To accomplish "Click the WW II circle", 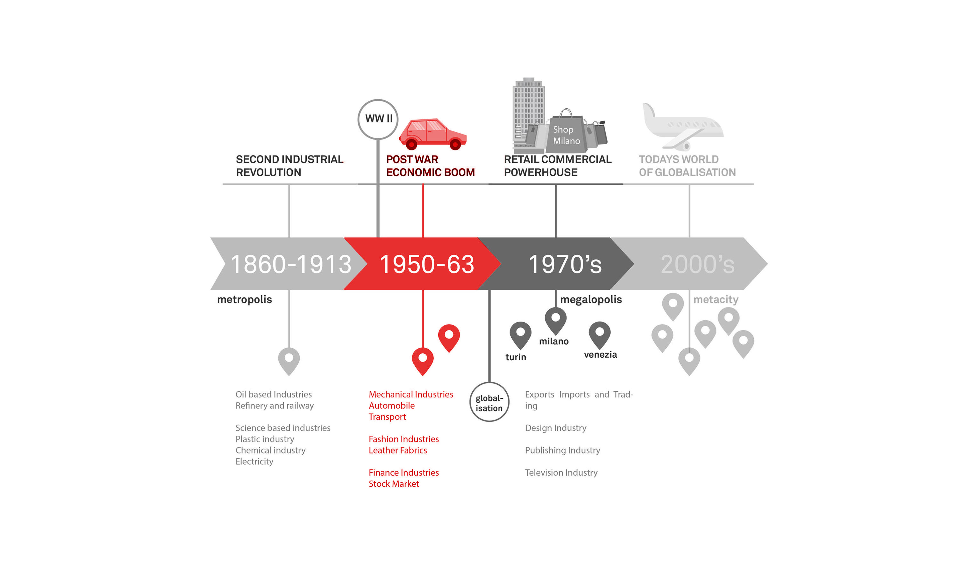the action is (378, 119).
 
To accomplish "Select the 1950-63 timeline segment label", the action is (426, 264).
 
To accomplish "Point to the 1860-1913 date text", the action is (291, 264).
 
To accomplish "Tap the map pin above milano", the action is (555, 320).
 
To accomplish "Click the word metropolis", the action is (244, 300).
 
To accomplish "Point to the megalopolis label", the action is (591, 300).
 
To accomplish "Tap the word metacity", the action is (715, 300).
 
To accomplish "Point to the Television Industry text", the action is (561, 473).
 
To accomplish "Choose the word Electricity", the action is (254, 462).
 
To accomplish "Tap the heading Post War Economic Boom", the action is (430, 166).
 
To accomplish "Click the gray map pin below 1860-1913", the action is (289, 360).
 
